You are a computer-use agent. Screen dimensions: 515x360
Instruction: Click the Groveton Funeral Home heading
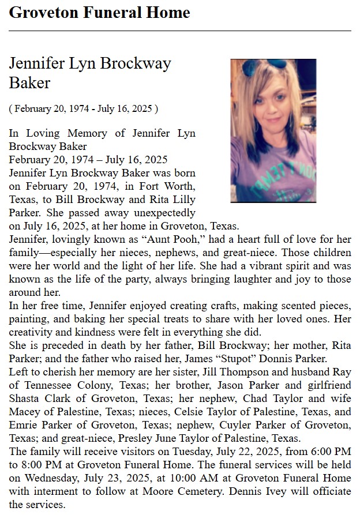coord(99,12)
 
